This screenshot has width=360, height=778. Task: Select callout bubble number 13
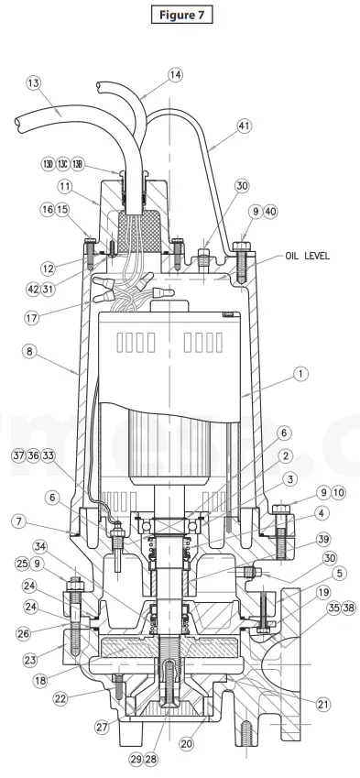click(x=33, y=83)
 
